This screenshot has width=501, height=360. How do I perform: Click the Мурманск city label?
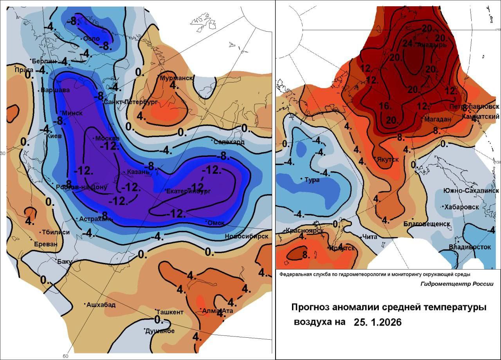click(177, 78)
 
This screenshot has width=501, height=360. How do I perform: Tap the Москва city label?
click(108, 139)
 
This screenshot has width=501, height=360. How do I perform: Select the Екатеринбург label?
click(189, 191)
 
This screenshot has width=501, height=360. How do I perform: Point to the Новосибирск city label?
click(247, 236)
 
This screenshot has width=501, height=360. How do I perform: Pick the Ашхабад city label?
click(101, 305)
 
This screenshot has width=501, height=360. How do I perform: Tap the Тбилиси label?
click(56, 232)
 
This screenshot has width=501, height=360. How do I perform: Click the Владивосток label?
click(470, 247)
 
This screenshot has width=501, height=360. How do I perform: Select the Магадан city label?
click(438, 119)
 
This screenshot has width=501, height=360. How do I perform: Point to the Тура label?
click(312, 180)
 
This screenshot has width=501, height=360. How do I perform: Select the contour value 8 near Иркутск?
click(306, 255)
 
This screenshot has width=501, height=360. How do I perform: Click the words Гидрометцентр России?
click(457, 284)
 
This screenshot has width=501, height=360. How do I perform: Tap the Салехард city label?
click(229, 142)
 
